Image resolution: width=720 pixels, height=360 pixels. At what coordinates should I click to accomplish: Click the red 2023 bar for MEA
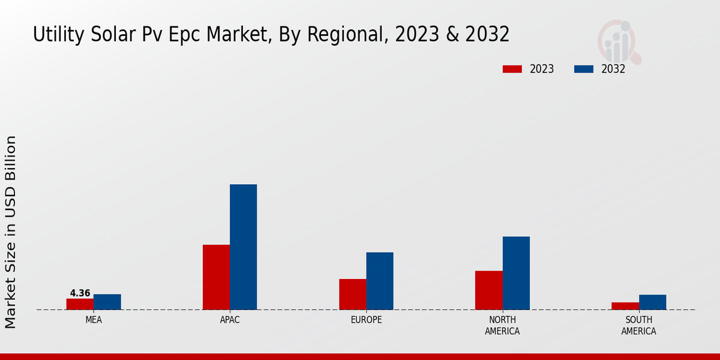tap(80, 304)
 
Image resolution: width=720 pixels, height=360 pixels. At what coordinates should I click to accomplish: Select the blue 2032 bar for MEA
tap(107, 302)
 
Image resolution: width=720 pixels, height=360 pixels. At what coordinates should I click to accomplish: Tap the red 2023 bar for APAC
tap(216, 277)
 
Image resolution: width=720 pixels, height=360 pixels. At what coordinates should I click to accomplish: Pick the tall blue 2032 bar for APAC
tap(243, 247)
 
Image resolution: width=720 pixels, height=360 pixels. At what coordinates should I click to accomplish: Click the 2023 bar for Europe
tap(352, 294)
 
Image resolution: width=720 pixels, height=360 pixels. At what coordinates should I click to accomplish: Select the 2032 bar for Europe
tap(380, 281)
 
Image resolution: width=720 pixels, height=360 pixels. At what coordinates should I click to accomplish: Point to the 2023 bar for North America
tap(488, 290)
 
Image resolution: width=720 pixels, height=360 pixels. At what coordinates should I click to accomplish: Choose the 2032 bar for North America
tap(516, 273)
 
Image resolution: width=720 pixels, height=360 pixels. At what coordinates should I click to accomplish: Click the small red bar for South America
tap(625, 306)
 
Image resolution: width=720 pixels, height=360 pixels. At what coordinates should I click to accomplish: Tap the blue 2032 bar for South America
tap(652, 302)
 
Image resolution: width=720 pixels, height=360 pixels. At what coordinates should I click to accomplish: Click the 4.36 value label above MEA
tap(80, 293)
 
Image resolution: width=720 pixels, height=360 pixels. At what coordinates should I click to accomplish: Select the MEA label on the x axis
tap(94, 320)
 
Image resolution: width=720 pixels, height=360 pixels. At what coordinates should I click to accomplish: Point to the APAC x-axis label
tap(230, 320)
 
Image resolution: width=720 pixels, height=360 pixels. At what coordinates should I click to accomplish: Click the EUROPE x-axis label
tap(366, 320)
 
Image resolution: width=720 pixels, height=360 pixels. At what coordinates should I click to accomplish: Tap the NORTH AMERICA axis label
tap(502, 326)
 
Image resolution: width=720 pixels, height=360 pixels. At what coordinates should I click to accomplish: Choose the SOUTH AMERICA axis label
tap(638, 326)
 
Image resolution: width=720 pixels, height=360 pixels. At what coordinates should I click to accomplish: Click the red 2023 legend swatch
tap(512, 69)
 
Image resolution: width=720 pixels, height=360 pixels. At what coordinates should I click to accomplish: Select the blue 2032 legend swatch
tap(583, 69)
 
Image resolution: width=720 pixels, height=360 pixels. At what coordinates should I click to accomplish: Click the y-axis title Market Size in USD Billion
tap(11, 232)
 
